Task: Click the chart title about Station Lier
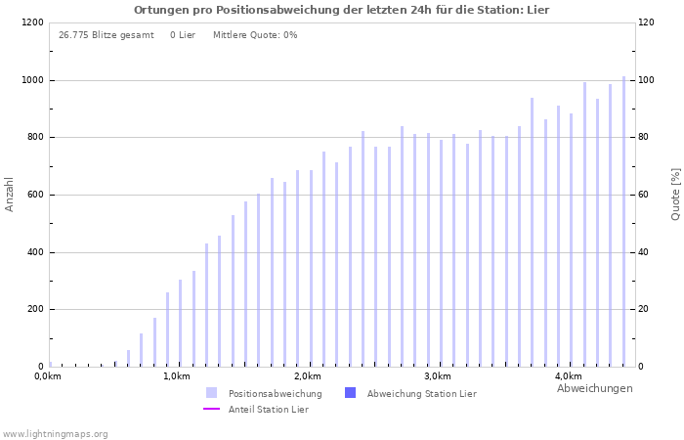(x=341, y=10)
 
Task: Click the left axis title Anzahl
(x=10, y=194)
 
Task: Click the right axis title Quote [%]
(x=675, y=194)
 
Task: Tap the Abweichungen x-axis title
(x=594, y=388)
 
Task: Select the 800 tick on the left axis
(x=33, y=137)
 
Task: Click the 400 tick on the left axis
(x=33, y=252)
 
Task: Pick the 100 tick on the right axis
(x=647, y=80)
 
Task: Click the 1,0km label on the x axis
(x=176, y=376)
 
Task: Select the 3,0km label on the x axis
(x=437, y=376)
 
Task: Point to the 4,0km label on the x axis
(x=568, y=376)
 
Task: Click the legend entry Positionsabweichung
(x=275, y=393)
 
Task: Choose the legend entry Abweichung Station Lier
(x=421, y=393)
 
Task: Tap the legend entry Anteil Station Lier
(x=268, y=409)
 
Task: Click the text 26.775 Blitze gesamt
(x=106, y=35)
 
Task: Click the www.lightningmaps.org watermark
(x=55, y=434)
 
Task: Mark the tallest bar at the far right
(x=623, y=221)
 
